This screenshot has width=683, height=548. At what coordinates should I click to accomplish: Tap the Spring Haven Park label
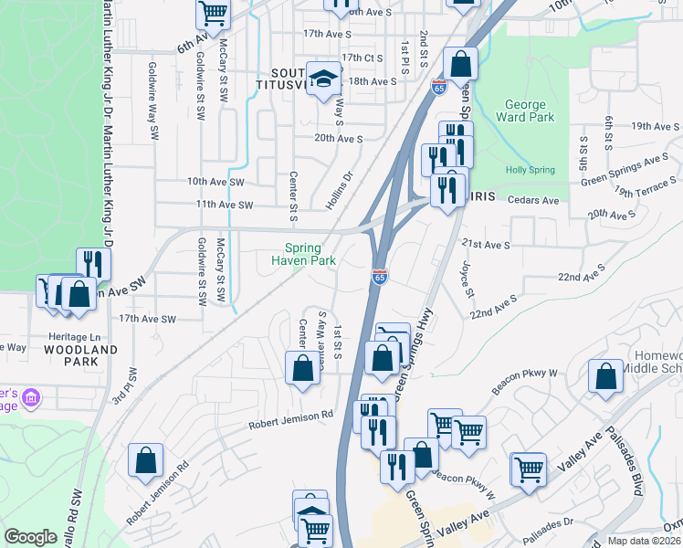[x=304, y=254]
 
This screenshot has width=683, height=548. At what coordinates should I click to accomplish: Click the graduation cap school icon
[x=323, y=79]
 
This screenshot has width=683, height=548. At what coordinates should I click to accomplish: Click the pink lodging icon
[x=32, y=398]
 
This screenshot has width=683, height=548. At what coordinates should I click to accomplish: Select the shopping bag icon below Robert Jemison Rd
[x=146, y=461]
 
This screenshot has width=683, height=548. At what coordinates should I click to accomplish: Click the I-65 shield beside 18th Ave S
[x=439, y=87]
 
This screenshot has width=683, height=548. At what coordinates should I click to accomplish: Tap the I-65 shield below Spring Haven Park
[x=380, y=275]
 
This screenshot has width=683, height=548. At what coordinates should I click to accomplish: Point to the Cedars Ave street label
[x=538, y=200]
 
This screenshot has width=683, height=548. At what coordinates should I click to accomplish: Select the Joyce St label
[x=468, y=281]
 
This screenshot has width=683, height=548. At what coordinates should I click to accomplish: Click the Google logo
[x=30, y=537]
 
